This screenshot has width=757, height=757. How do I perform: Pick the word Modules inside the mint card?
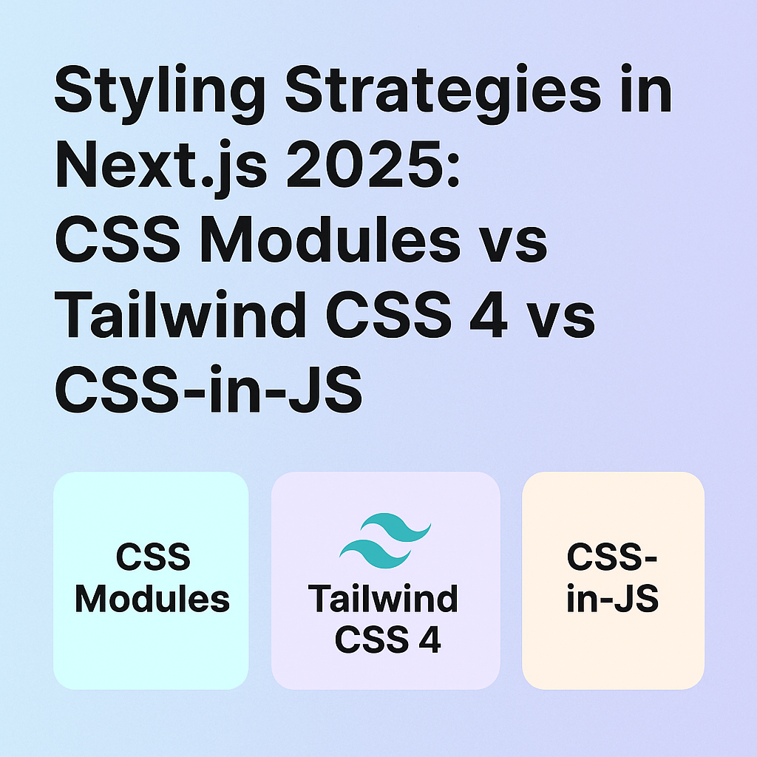click(x=152, y=599)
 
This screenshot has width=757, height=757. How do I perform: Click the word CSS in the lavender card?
click(x=368, y=639)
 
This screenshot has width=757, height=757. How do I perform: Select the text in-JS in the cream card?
click(x=612, y=599)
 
